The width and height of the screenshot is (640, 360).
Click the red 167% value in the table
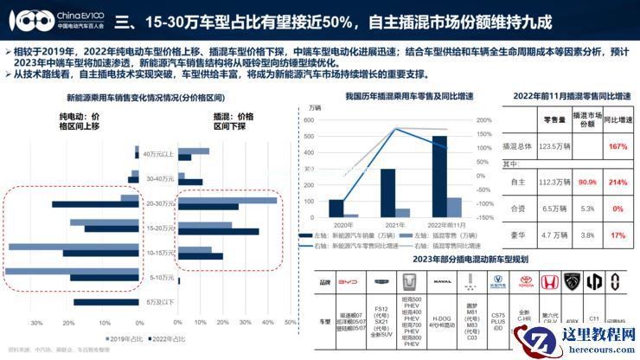[x=618, y=146]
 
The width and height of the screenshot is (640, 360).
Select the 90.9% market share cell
[x=587, y=182]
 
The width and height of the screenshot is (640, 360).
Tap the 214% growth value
[x=618, y=182]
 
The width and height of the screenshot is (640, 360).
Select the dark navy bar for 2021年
[x=387, y=192]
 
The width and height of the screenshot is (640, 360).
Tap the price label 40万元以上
[x=158, y=154]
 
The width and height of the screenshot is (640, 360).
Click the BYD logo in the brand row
[x=346, y=281]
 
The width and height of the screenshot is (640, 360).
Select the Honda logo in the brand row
[x=547, y=281]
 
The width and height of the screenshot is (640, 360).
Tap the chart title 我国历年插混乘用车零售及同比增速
[x=397, y=97]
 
